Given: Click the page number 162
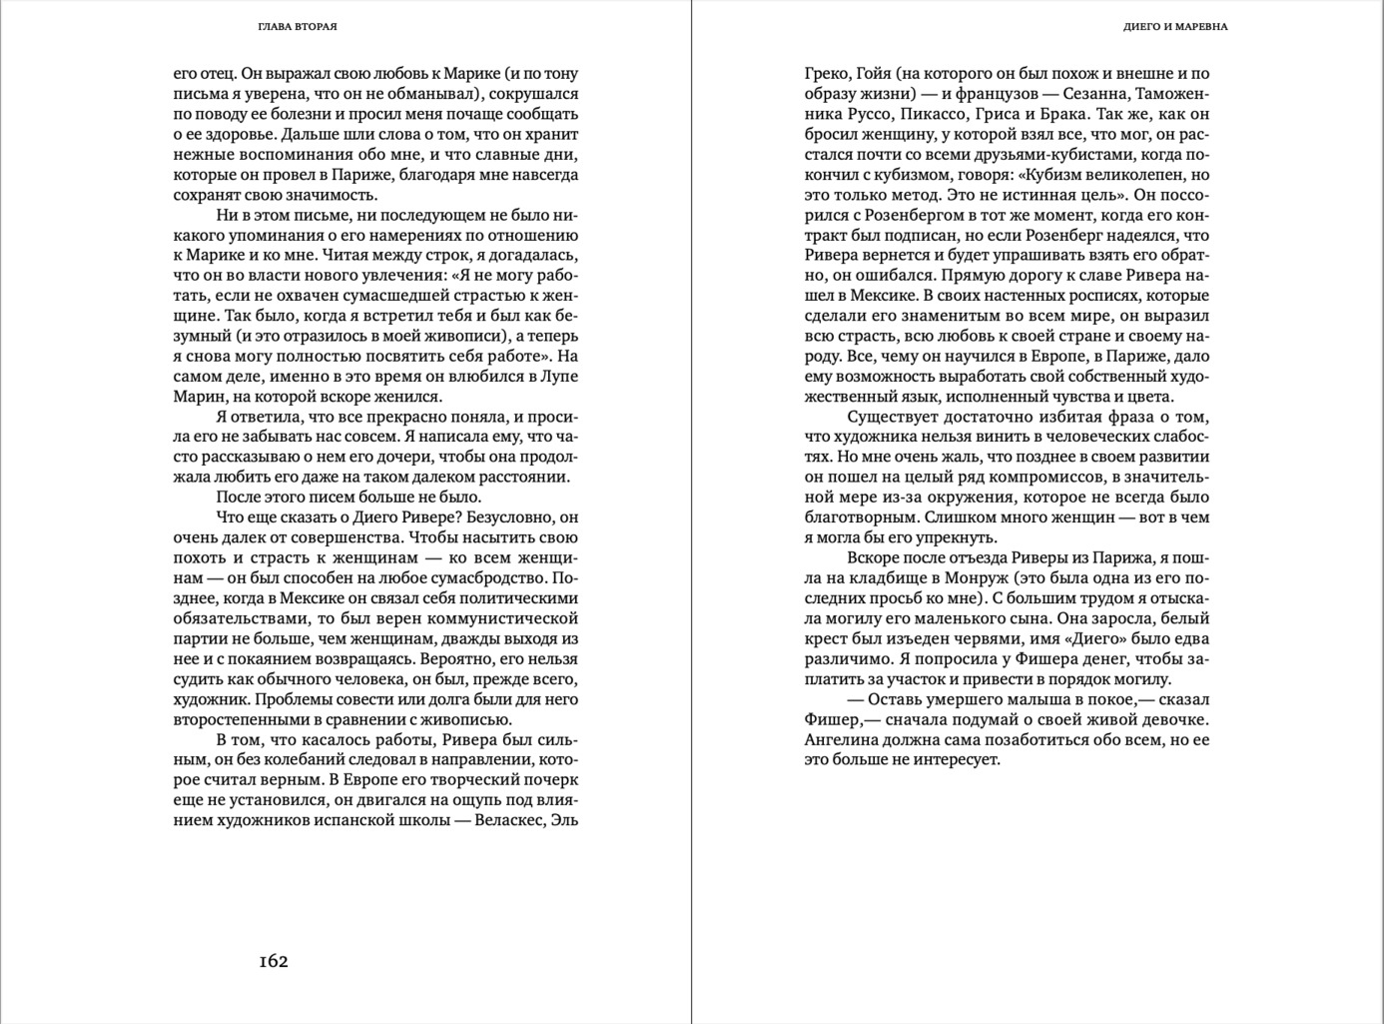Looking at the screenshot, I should coord(273,961).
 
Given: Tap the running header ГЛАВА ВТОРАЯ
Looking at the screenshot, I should coord(297,27).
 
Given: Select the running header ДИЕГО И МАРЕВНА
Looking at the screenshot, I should coord(1174,27).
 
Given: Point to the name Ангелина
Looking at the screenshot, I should coord(843,740).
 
